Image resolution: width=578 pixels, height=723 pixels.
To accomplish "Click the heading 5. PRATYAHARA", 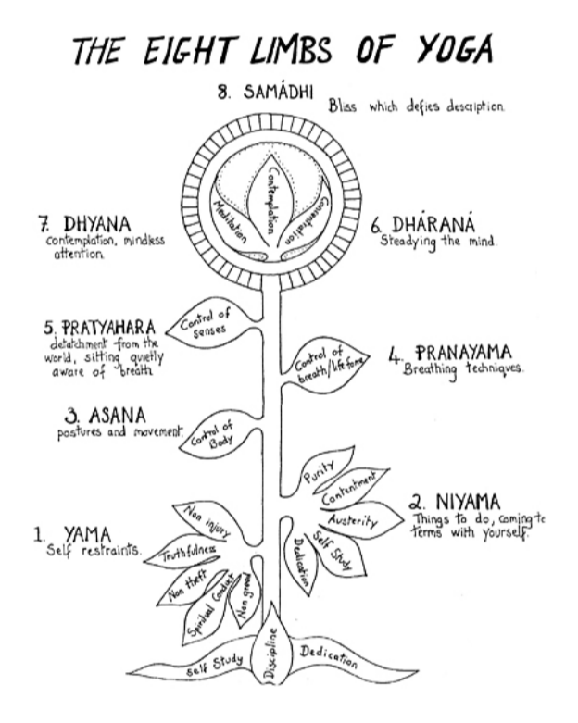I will (99, 330).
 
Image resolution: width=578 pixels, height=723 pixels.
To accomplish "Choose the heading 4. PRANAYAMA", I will (463, 354).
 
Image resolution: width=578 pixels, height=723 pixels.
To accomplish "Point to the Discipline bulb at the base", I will (271, 653).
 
